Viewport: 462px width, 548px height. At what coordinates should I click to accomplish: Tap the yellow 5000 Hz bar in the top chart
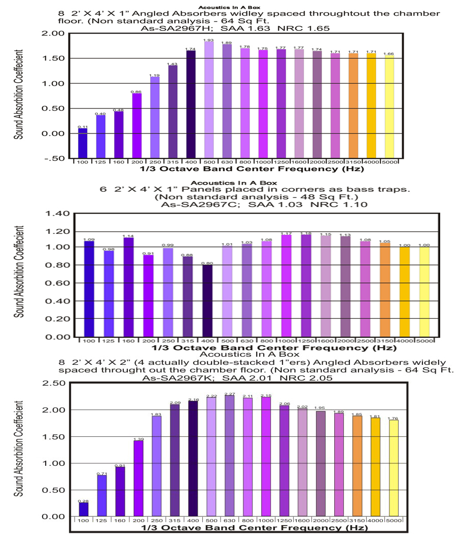tap(389, 107)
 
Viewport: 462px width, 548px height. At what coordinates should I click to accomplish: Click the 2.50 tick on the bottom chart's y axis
tap(55, 383)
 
